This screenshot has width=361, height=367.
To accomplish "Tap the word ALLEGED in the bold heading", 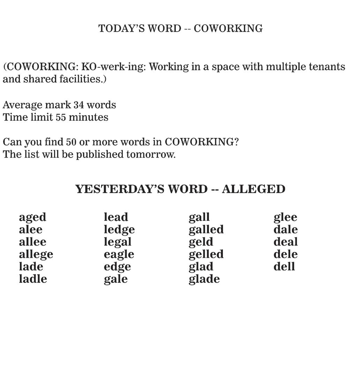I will click(254, 189).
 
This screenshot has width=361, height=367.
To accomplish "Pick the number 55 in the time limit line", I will click(61, 117).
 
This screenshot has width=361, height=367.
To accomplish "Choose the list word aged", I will click(32, 217).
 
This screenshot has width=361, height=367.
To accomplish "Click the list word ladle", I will click(33, 279).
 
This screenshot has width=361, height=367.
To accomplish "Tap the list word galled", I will click(206, 230).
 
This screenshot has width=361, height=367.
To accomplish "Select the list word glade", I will click(204, 279).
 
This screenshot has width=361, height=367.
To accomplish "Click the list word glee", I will click(285, 217).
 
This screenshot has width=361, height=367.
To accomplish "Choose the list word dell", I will click(284, 266).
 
